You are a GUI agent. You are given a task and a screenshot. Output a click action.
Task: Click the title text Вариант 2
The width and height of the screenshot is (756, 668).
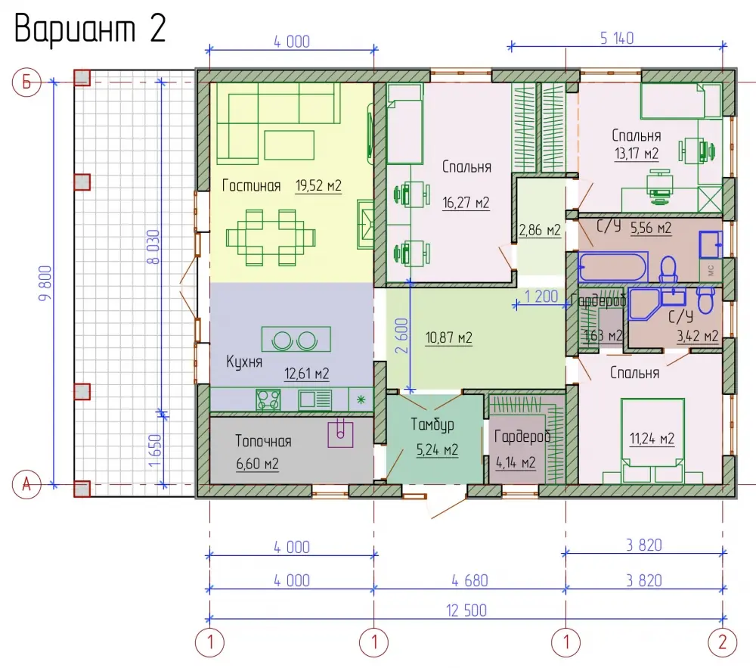pyautogui.click(x=90, y=29)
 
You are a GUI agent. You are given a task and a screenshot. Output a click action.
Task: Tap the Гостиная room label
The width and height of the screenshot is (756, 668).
pyautogui.click(x=251, y=185)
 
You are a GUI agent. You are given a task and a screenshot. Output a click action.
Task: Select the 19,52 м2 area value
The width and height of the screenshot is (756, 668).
pyautogui.click(x=318, y=185)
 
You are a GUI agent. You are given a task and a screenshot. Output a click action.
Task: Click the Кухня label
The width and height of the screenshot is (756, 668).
pyautogui.click(x=244, y=362)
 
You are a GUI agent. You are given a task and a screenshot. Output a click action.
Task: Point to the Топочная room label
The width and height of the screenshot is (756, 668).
pyautogui.click(x=263, y=441)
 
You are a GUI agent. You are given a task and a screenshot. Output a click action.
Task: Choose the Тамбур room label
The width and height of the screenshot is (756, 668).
pyautogui.click(x=432, y=424)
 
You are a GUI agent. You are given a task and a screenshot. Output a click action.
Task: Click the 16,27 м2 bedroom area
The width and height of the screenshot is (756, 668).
pyautogui.click(x=466, y=203)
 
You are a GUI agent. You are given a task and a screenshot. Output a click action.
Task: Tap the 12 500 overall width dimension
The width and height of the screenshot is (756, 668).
pyautogui.click(x=466, y=611)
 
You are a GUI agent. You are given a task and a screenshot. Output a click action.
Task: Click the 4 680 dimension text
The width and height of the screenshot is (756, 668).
pyautogui.click(x=469, y=581)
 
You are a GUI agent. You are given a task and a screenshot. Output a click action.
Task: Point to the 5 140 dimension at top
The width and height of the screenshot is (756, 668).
pyautogui.click(x=617, y=39)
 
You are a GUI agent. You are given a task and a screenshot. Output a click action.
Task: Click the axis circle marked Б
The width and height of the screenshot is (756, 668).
pyautogui.click(x=26, y=82)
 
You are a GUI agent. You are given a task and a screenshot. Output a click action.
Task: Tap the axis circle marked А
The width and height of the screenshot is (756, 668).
pyautogui.click(x=26, y=483)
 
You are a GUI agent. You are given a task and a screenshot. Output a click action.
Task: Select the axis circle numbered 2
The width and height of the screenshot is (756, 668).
pyautogui.click(x=722, y=642)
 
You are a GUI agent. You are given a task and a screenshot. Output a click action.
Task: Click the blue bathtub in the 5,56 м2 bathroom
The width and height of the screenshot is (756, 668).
pyautogui.click(x=612, y=267)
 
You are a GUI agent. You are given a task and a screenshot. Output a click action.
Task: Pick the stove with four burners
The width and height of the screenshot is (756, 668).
pyautogui.click(x=268, y=399)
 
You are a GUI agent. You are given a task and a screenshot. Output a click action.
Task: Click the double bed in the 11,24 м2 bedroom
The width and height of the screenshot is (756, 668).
pyautogui.click(x=652, y=440)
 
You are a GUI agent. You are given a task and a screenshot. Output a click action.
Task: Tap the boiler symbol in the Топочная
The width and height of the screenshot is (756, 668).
pyautogui.click(x=340, y=433)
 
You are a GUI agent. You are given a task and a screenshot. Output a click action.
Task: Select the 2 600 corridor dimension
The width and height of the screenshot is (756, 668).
pyautogui.click(x=401, y=336)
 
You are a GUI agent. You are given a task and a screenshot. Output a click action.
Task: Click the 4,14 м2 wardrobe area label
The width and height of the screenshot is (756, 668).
pyautogui.click(x=516, y=463)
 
